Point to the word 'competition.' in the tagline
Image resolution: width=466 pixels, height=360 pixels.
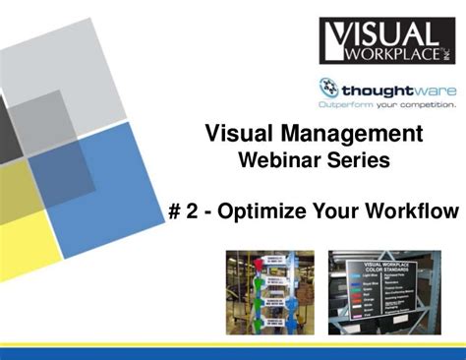[427, 103]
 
